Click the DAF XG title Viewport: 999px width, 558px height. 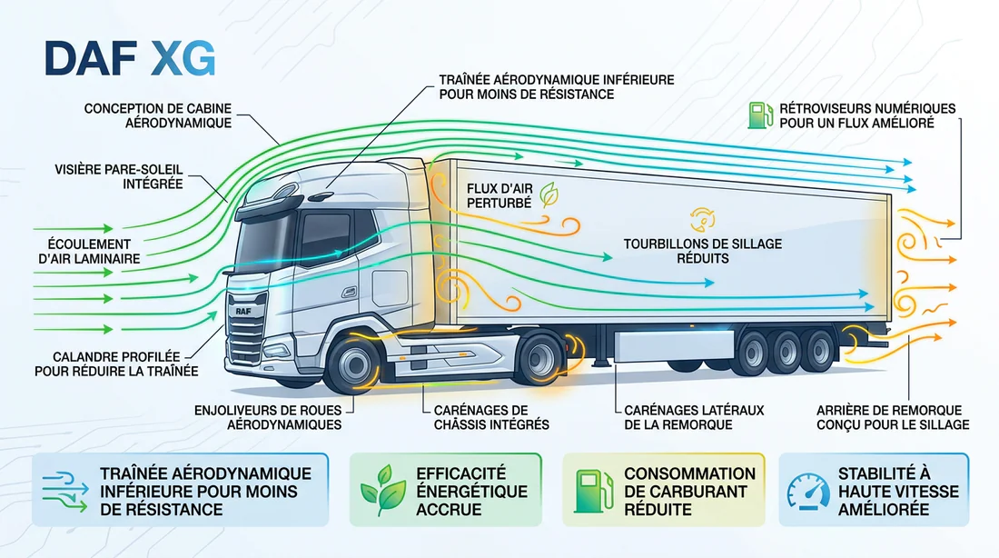[x=130, y=59]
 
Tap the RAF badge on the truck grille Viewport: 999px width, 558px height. [x=243, y=311]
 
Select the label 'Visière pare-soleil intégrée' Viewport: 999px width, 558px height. [x=118, y=176]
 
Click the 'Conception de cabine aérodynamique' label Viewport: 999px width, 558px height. [x=158, y=115]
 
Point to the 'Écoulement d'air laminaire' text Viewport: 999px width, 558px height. [x=89, y=251]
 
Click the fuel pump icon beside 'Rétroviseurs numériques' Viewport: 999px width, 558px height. [x=760, y=115]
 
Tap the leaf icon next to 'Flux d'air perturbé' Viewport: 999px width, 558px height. [x=549, y=194]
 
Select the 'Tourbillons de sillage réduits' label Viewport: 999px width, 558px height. [x=703, y=251]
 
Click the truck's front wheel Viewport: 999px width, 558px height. [x=352, y=364]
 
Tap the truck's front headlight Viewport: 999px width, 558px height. [x=276, y=350]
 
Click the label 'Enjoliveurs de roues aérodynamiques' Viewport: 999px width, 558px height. [x=268, y=417]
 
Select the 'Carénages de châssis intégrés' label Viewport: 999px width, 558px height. [x=491, y=417]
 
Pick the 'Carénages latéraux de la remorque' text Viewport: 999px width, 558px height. [x=694, y=417]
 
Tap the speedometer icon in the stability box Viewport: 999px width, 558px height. [x=808, y=491]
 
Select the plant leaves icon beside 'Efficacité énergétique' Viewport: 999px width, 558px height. [x=383, y=490]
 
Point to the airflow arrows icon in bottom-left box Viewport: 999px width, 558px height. [x=65, y=491]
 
